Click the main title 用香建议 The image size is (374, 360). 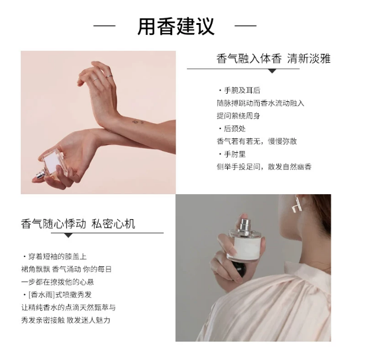click(x=176, y=26)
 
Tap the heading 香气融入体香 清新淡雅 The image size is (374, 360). click(x=273, y=59)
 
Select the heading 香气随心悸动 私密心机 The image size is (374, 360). click(x=78, y=224)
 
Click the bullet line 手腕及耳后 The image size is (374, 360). click(x=240, y=91)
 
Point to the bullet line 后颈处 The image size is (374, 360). click(x=232, y=128)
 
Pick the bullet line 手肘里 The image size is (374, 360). click(x=232, y=154)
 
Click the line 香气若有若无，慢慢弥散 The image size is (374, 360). click(x=257, y=142)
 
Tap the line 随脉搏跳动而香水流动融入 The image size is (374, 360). click(x=260, y=103)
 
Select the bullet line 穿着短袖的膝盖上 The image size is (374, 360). click(x=54, y=256)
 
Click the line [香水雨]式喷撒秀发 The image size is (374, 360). click(x=57, y=295)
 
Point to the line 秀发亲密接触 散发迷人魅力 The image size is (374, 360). click(x=66, y=320)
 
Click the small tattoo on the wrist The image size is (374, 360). click(x=138, y=122)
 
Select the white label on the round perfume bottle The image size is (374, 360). click(x=246, y=249)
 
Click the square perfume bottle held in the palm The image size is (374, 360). click(x=50, y=163)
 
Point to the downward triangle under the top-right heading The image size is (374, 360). click(x=272, y=71)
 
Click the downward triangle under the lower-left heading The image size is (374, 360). click(x=69, y=236)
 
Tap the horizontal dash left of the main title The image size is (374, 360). click(x=105, y=26)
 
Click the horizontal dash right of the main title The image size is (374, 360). click(x=246, y=26)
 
